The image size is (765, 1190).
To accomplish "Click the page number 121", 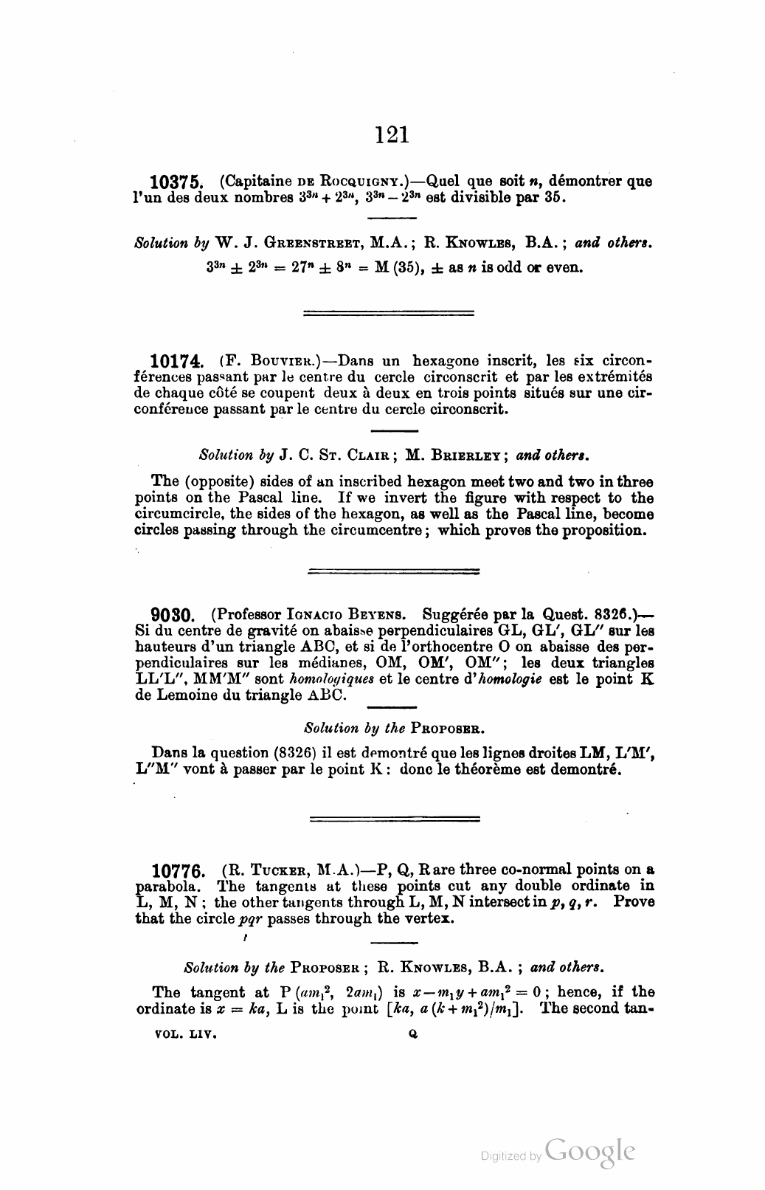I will (x=392, y=134).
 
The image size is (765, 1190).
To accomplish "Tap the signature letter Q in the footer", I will (x=413, y=1036).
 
